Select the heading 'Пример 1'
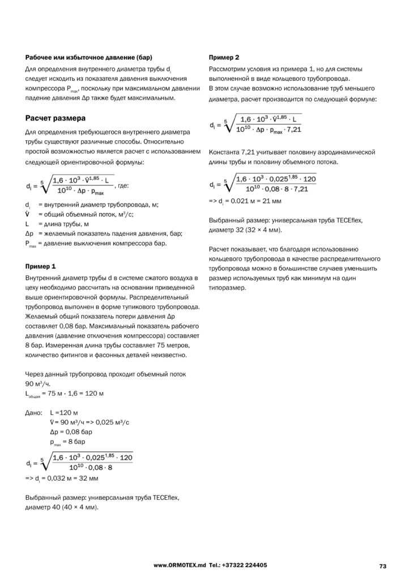point(41,266)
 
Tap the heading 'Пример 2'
point(224,58)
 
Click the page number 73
point(382,565)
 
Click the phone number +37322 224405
point(245,565)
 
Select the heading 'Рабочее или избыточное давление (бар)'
point(89,58)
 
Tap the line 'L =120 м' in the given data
point(62,413)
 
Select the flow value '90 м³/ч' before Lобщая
point(39,383)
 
